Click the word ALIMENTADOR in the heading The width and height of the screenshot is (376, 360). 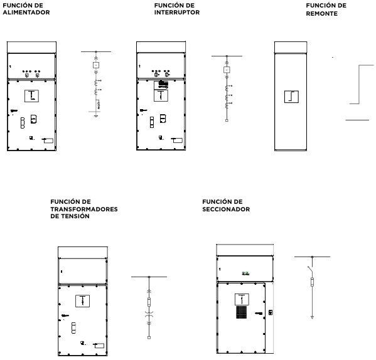(x=26, y=13)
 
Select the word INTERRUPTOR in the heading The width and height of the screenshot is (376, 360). (x=177, y=13)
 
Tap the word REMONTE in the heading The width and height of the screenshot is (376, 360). (x=322, y=14)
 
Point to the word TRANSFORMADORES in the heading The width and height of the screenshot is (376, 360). (x=84, y=209)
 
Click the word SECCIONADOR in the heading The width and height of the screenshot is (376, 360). (x=226, y=209)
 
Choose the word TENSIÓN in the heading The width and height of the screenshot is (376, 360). (x=76, y=216)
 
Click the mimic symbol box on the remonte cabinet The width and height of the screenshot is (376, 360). (x=291, y=97)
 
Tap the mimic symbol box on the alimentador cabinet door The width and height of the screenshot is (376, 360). (x=31, y=96)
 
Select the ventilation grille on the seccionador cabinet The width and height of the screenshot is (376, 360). (x=242, y=312)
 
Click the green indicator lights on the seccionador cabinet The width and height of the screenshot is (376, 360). (x=245, y=273)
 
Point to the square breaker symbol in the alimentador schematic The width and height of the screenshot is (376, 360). (x=96, y=65)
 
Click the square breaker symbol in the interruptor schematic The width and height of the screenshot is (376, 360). (x=227, y=70)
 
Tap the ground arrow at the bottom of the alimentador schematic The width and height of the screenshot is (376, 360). (x=96, y=116)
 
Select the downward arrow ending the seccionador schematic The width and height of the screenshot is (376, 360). (x=312, y=317)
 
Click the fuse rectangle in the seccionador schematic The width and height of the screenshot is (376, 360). (x=312, y=282)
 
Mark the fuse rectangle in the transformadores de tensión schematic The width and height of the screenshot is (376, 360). (x=149, y=302)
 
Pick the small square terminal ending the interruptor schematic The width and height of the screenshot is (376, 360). (x=227, y=120)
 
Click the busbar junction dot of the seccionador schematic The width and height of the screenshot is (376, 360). (x=312, y=257)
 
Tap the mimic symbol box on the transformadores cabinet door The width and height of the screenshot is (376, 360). (x=82, y=301)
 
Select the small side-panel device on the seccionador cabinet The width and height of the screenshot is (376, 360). (x=271, y=312)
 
